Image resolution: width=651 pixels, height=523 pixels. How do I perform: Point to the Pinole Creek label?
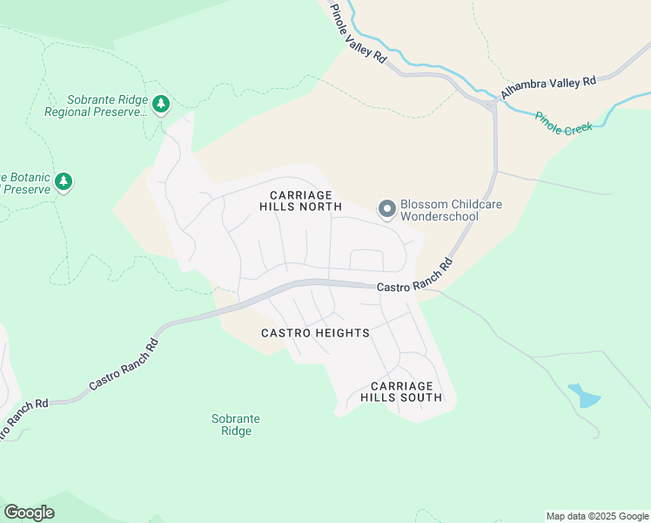(x=563, y=122)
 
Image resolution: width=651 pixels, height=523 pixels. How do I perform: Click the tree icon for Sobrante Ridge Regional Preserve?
(x=160, y=105)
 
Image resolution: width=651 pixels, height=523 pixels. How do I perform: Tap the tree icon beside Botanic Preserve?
(x=63, y=181)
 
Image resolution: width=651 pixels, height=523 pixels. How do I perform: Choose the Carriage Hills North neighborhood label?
(x=300, y=200)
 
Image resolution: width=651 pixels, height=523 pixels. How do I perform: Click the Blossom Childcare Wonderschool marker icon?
(x=386, y=209)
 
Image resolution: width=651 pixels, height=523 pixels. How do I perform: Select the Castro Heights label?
(x=315, y=333)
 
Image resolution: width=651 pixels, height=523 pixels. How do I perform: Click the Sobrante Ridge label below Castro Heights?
(x=236, y=425)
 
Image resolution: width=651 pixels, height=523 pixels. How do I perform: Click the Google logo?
(x=29, y=513)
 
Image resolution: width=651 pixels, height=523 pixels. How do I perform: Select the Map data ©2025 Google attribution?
(x=596, y=516)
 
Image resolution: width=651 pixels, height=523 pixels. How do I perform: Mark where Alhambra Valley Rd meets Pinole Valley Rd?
(x=493, y=104)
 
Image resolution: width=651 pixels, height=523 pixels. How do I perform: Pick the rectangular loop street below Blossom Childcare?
(x=366, y=260)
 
